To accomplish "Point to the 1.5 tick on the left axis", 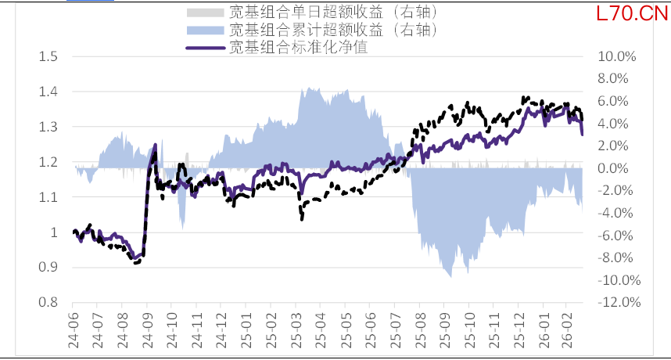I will pyautogui.click(x=48, y=56).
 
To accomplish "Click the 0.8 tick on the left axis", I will pyautogui.click(x=48, y=303).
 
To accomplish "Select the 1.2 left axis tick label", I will pyautogui.click(x=48, y=162).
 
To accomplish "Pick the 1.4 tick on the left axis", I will pyautogui.click(x=48, y=92).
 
